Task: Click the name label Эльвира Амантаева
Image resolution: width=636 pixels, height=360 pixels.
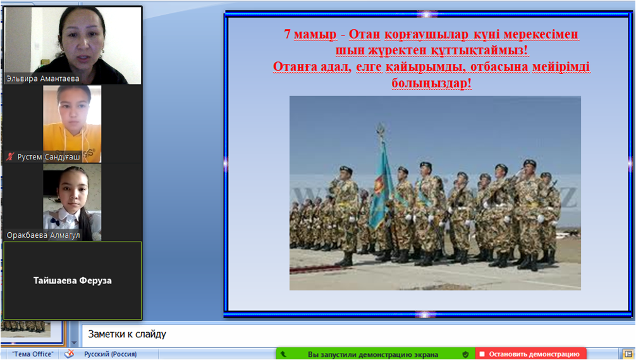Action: (42, 78)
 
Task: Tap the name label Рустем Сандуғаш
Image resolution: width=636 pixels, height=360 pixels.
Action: (49, 157)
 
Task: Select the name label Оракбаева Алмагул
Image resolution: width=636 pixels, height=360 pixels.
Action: (43, 235)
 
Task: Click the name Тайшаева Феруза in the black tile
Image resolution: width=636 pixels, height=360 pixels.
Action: (72, 280)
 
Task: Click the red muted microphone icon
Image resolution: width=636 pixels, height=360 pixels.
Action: (11, 157)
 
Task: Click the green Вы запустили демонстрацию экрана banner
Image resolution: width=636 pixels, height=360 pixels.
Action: (373, 354)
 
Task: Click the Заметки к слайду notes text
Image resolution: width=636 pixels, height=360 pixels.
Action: (127, 334)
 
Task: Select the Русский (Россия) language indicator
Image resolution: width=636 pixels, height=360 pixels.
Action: (111, 354)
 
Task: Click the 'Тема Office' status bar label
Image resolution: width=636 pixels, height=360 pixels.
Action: (32, 354)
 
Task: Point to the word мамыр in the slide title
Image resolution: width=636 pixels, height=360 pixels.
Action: (315, 35)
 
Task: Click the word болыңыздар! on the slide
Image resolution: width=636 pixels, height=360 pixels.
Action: (432, 84)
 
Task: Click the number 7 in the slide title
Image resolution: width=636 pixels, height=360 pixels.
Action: (287, 34)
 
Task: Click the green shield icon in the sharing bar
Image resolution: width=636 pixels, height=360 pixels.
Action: (466, 354)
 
